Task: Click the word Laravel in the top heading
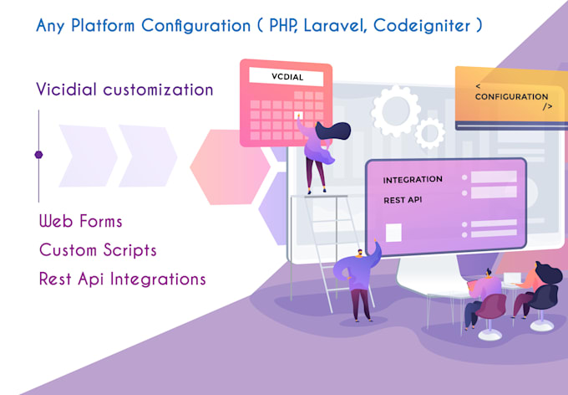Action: pyautogui.click(x=335, y=26)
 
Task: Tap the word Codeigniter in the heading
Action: pyautogui.click(x=422, y=26)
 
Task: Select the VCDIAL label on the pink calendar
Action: pyautogui.click(x=287, y=77)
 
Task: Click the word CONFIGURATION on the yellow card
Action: pyautogui.click(x=511, y=96)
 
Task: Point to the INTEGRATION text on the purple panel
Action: pyautogui.click(x=413, y=180)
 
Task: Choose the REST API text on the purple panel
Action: pyautogui.click(x=403, y=200)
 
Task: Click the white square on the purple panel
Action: pyautogui.click(x=393, y=233)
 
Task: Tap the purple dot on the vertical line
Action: pyautogui.click(x=38, y=155)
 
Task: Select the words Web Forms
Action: pyautogui.click(x=80, y=221)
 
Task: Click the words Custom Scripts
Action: pyautogui.click(x=98, y=250)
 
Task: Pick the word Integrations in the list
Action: pyautogui.click(x=158, y=280)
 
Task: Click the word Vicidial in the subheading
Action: pyautogui.click(x=66, y=90)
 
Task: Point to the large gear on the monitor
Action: pyautogui.click(x=395, y=110)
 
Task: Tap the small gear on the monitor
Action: pyautogui.click(x=430, y=133)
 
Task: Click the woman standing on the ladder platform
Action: pyautogui.click(x=319, y=152)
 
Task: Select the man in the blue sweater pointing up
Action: pyautogui.click(x=358, y=280)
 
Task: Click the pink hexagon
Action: pyautogui.click(x=230, y=167)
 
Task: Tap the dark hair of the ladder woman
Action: pyautogui.click(x=333, y=131)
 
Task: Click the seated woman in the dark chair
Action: pyautogui.click(x=535, y=290)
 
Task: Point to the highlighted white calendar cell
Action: pyautogui.click(x=298, y=115)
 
